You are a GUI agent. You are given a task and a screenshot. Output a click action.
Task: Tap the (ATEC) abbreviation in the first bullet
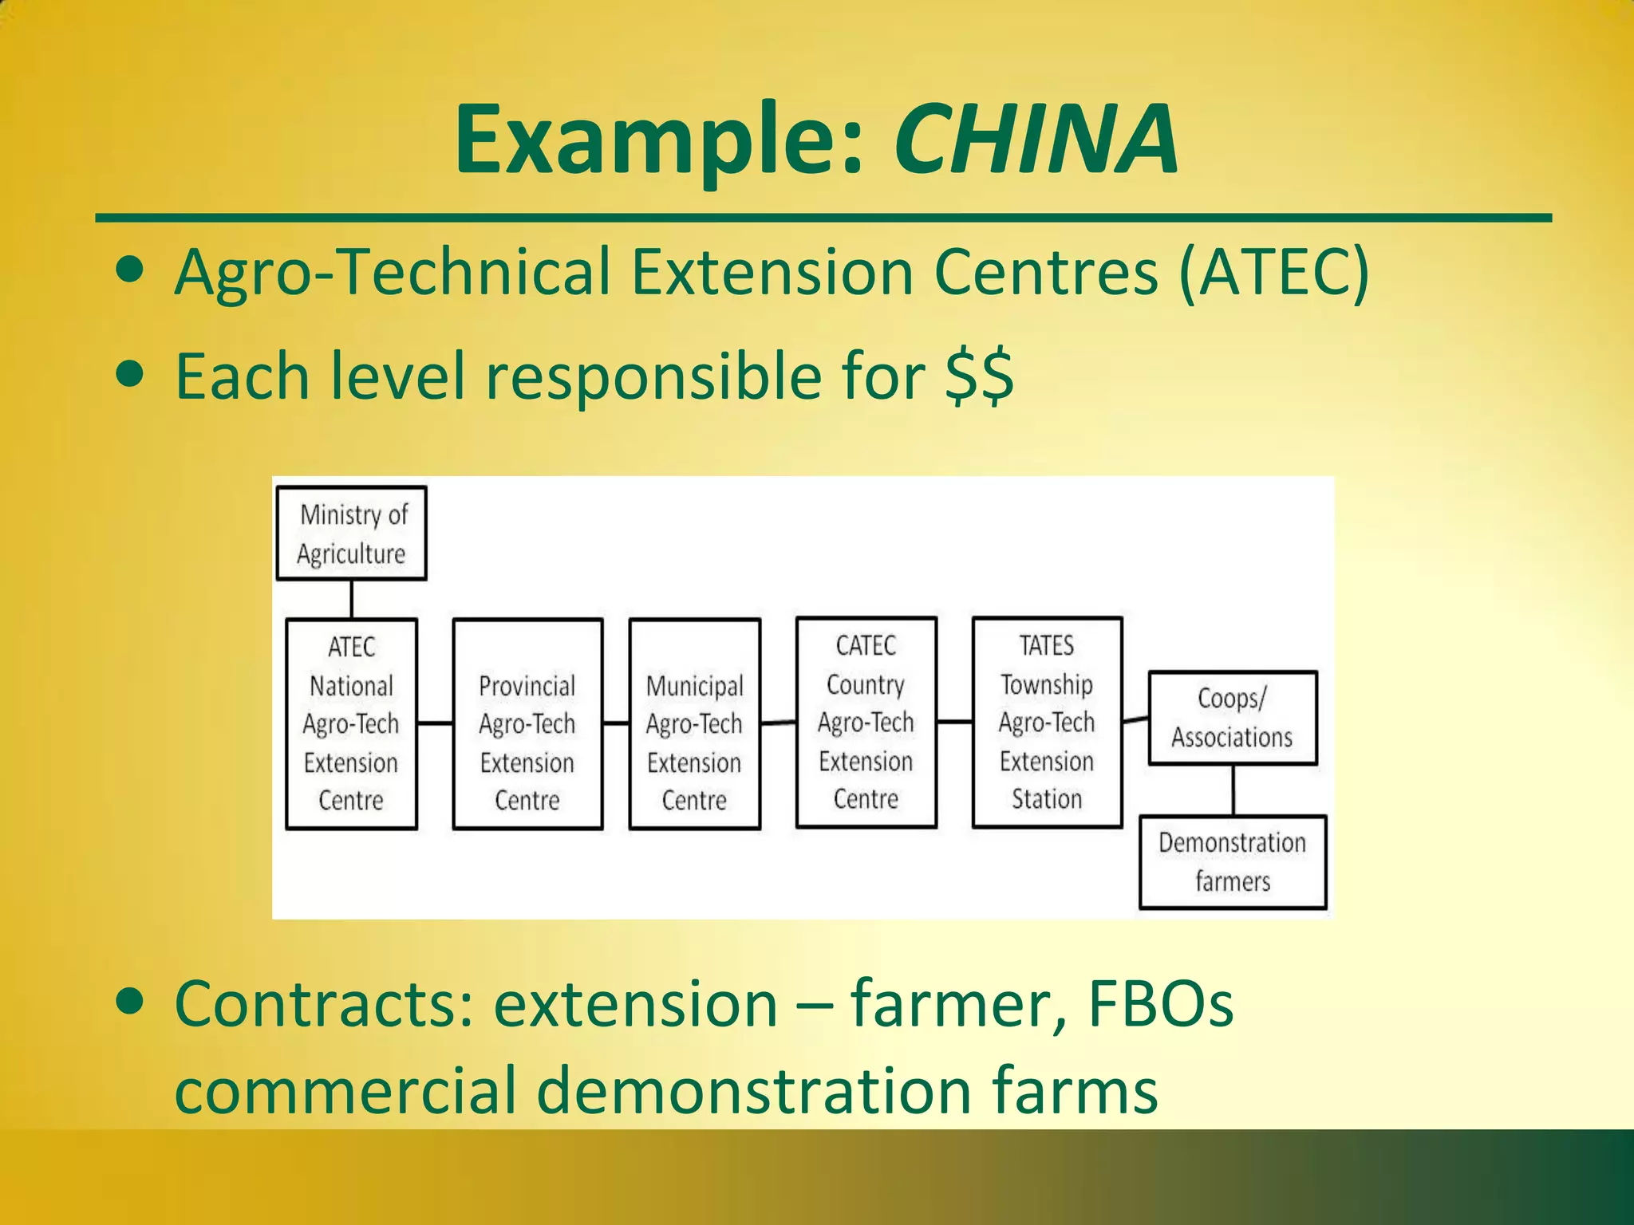(1274, 273)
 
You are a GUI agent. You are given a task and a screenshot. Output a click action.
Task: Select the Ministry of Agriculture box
(352, 533)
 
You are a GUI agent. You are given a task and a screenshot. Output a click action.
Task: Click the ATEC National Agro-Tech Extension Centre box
(352, 723)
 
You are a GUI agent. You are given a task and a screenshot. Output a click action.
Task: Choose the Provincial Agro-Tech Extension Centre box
(527, 723)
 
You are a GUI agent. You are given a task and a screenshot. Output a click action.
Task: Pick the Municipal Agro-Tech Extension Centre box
(694, 723)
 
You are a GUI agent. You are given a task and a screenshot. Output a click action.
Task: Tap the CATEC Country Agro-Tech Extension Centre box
(866, 722)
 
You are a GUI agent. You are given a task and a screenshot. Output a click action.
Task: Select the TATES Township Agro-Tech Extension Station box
(1047, 722)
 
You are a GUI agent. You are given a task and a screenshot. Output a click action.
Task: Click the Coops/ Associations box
(1232, 718)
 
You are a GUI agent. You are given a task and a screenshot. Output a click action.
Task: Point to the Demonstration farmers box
(1232, 861)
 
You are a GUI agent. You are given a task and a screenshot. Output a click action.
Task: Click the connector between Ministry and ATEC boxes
(352, 599)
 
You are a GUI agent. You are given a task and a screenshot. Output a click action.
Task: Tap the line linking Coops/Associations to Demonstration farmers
(1233, 790)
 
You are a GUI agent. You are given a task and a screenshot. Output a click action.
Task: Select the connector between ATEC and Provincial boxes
(435, 723)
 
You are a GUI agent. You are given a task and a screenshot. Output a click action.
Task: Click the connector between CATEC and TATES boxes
(954, 722)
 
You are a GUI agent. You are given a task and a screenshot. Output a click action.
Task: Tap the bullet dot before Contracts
(129, 1000)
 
